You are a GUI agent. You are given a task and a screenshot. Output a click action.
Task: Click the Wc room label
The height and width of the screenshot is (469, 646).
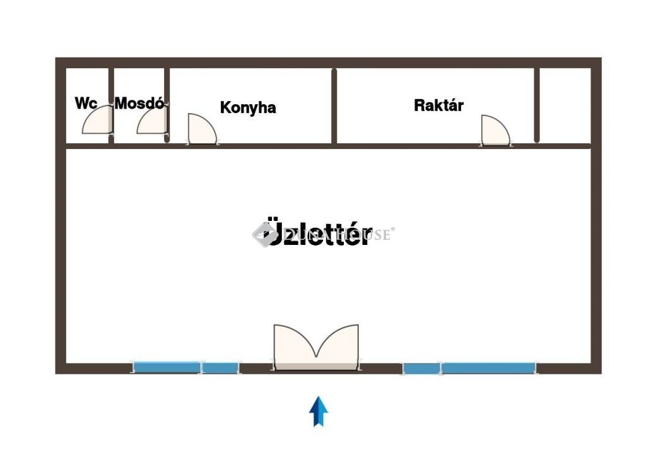tap(86, 103)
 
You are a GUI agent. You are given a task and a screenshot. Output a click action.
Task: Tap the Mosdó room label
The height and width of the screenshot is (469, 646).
tap(139, 103)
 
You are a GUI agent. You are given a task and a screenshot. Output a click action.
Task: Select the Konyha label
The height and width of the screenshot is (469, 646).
tap(248, 107)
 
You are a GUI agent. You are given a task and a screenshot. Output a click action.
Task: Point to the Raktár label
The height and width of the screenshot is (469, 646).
tap(438, 105)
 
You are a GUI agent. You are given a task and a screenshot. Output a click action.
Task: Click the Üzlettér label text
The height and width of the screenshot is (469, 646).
tap(319, 234)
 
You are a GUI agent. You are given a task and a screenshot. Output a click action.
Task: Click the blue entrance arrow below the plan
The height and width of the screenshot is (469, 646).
tap(319, 411)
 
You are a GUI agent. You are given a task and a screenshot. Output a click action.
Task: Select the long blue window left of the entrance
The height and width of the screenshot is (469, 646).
tap(167, 367)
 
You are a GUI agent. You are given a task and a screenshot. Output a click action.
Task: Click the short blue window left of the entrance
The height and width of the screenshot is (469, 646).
tap(220, 367)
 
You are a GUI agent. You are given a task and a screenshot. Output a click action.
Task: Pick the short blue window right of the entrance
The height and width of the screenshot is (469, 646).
tap(421, 368)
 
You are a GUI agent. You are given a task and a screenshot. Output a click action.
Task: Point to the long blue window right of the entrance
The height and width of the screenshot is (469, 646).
tap(488, 367)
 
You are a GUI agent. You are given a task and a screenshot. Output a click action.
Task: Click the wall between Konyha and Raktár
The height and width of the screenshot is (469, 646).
tap(334, 106)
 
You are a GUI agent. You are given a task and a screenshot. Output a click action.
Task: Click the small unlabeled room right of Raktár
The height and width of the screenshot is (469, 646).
tap(565, 105)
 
